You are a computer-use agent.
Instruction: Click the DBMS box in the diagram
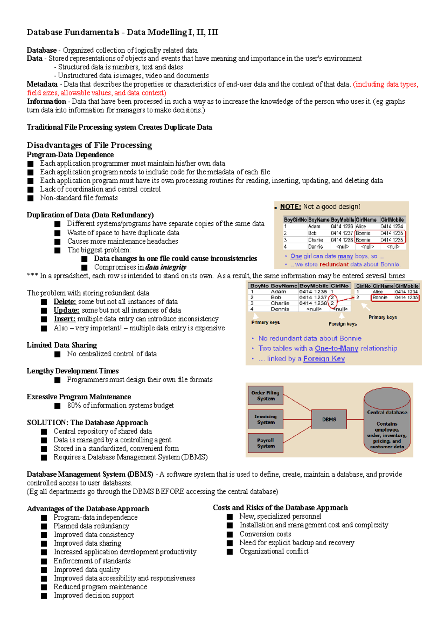tap(329, 419)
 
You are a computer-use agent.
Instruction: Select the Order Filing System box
tap(266, 396)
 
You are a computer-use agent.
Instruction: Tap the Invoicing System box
tap(266, 419)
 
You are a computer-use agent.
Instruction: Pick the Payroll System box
tap(266, 443)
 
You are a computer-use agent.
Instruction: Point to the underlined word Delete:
tap(65, 302)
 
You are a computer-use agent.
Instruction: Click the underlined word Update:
tap(66, 310)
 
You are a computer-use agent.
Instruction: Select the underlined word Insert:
tap(65, 319)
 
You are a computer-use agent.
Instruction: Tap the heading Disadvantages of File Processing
tap(89, 145)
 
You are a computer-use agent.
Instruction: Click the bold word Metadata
tap(42, 84)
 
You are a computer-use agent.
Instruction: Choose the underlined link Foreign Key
tap(324, 359)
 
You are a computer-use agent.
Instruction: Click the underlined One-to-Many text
tap(336, 349)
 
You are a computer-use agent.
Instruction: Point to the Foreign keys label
tap(343, 324)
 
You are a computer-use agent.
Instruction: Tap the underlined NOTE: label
tap(290, 207)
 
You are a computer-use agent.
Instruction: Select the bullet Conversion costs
tap(265, 534)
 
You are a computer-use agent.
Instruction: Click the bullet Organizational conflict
tap(274, 552)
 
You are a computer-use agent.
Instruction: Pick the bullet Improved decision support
tap(93, 596)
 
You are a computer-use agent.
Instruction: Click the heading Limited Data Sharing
tap(62, 345)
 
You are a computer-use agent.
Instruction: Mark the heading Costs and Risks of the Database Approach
tap(280, 508)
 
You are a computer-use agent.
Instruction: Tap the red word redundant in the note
tap(334, 264)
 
